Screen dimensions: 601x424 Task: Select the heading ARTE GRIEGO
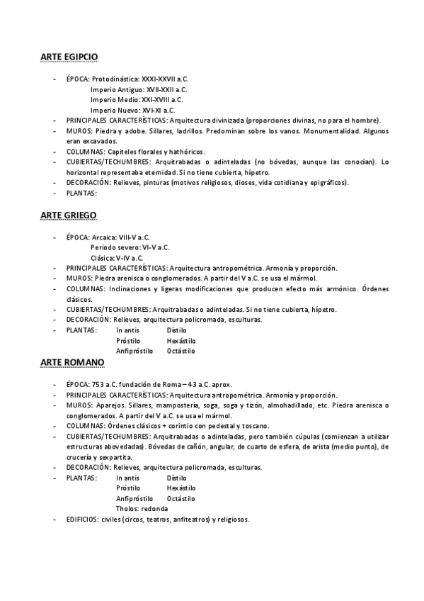tap(68, 213)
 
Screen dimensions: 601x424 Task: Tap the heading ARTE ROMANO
tap(72, 362)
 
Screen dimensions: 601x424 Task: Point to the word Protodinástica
tap(116, 79)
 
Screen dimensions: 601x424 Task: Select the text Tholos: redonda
tap(142, 508)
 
